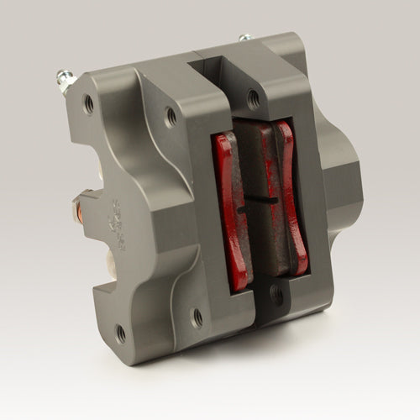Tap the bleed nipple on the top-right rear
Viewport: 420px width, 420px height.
244,38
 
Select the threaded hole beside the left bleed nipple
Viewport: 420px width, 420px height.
89,103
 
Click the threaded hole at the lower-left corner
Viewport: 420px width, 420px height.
120,333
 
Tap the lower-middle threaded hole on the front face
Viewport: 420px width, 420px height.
197,317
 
